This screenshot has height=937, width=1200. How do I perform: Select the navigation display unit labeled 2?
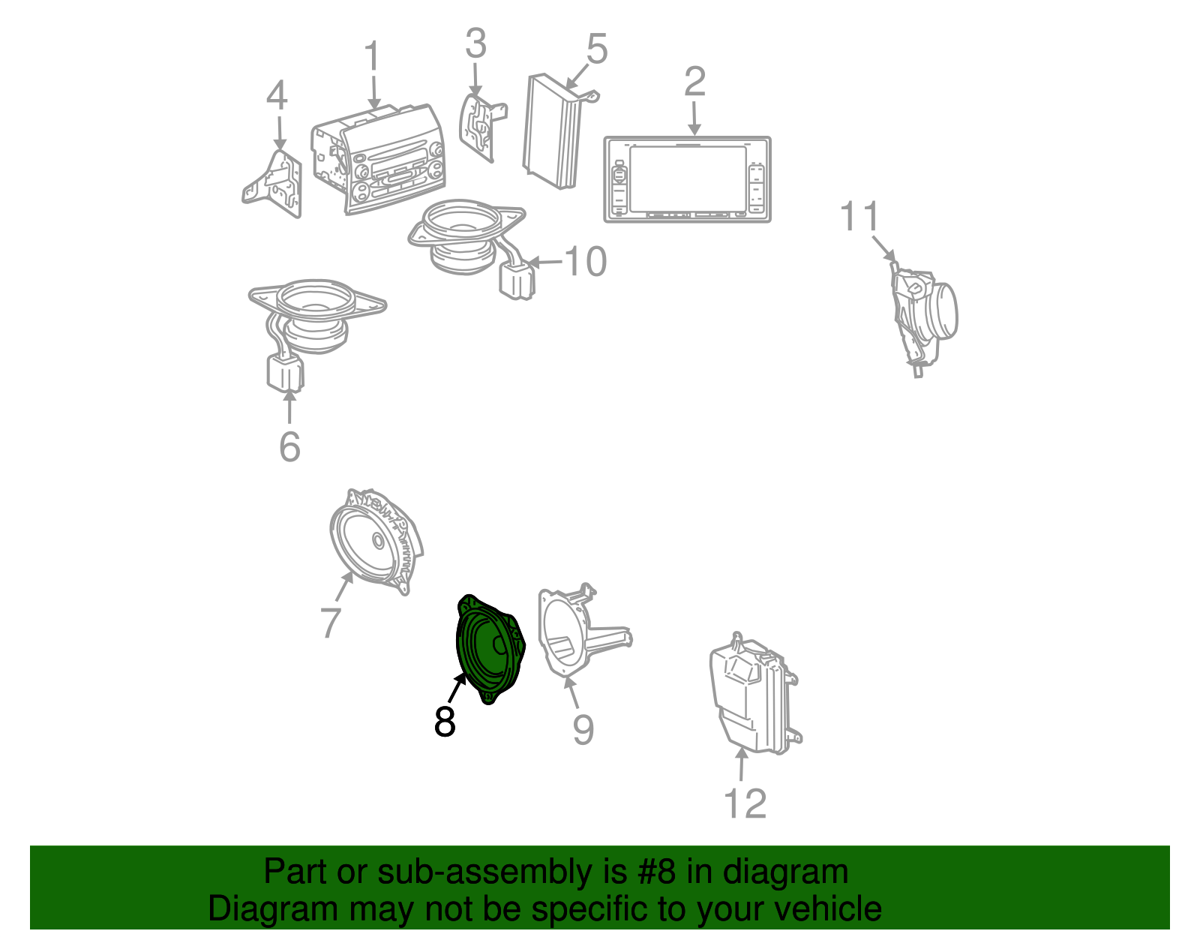(687, 179)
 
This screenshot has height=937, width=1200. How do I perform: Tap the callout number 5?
(596, 49)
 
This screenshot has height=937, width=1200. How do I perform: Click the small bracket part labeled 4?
(274, 184)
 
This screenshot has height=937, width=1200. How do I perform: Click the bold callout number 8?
(445, 722)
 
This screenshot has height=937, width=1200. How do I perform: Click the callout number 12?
(745, 804)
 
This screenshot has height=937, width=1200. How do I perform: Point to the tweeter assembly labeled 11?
(922, 315)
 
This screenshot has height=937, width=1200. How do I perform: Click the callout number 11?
(859, 218)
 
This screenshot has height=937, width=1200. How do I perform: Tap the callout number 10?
(586, 262)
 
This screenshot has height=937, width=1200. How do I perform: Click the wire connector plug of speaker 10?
(517, 281)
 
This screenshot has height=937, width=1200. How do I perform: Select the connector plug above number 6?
(285, 373)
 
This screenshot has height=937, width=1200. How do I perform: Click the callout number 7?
(330, 622)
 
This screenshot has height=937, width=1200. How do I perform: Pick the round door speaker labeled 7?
(373, 542)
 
